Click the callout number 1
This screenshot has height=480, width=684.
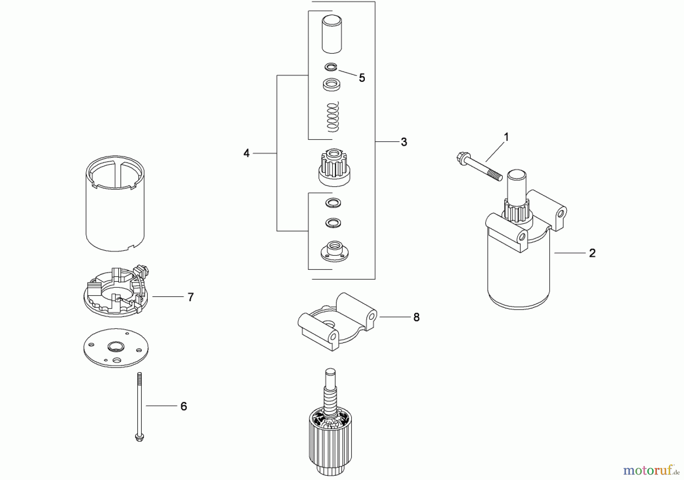(x=506, y=137)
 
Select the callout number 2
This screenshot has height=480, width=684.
(x=592, y=253)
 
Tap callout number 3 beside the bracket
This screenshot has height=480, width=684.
(x=404, y=142)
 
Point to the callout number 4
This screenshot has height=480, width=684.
(x=247, y=153)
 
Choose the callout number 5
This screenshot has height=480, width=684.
(x=362, y=78)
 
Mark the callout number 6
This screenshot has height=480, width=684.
(x=184, y=406)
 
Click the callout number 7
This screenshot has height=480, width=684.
(x=191, y=297)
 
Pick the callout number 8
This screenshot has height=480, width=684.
(x=416, y=318)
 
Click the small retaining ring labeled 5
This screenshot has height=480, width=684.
(x=331, y=67)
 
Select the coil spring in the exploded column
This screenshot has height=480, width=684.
(x=333, y=117)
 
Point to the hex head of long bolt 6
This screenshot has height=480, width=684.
(x=139, y=438)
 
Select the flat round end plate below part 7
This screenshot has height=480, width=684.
(x=116, y=348)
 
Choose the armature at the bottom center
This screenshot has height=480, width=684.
(x=330, y=421)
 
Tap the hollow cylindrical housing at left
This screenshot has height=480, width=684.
(x=116, y=203)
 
